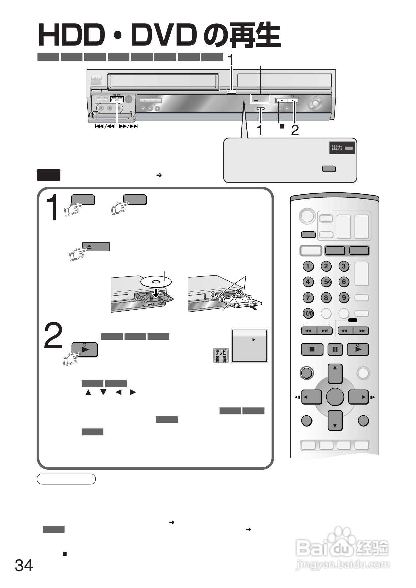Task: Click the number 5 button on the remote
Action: (326, 282)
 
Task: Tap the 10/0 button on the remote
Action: (308, 314)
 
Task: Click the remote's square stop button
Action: (312, 349)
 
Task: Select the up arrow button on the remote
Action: (335, 373)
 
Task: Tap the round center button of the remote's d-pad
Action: (335, 397)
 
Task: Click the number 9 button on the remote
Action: (344, 298)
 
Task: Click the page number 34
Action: (24, 565)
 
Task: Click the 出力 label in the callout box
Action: (337, 148)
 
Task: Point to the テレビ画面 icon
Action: (221, 355)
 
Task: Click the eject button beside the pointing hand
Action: (96, 247)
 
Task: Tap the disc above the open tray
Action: (156, 281)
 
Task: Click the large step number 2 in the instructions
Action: (54, 336)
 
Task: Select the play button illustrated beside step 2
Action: (85, 349)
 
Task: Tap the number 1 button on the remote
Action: (308, 266)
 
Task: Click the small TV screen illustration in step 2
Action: (250, 346)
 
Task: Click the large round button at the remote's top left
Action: (307, 216)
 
